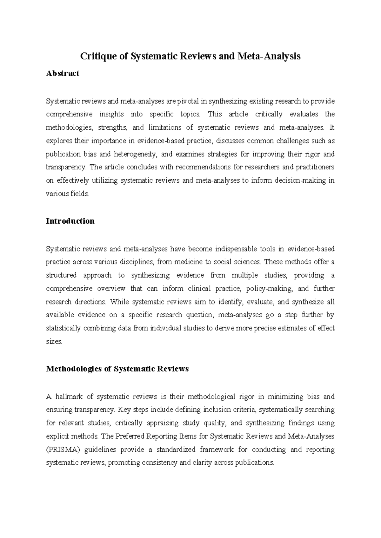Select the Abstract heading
pyautogui.click(x=63, y=74)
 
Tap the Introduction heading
pyautogui.click(x=70, y=221)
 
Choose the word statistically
pyautogui.click(x=63, y=328)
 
